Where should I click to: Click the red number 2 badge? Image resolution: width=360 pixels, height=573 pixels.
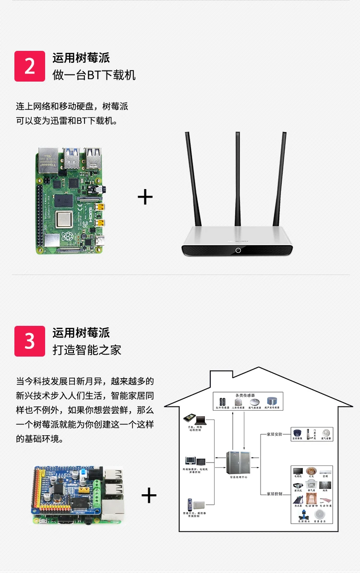coord(30,66)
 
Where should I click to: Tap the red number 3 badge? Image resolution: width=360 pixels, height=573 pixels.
coord(30,341)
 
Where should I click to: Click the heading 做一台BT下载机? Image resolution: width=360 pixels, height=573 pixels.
coord(94,75)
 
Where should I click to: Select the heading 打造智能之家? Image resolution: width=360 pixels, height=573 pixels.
coord(87,350)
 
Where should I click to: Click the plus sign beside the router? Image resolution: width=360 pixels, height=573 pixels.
coord(145,197)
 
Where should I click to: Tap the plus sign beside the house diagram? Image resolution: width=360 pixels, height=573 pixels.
coord(149,495)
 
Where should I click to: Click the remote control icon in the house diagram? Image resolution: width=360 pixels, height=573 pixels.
coord(191,504)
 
